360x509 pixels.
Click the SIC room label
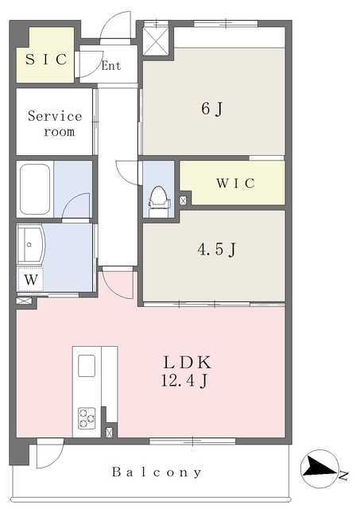tap(46, 59)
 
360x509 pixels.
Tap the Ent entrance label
tap(111, 66)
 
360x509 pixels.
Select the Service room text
tap(55, 124)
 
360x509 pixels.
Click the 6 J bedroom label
tap(212, 108)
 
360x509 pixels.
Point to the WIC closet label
tap(236, 183)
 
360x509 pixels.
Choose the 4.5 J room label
tap(217, 249)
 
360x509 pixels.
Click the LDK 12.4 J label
tap(186, 371)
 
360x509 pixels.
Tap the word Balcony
tap(157, 472)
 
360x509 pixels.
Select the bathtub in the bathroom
tap(35, 189)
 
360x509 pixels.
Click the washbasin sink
tap(30, 244)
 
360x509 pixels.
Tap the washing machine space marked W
tap(31, 279)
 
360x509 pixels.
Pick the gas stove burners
tap(87, 418)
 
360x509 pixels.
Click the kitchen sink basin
tap(87, 366)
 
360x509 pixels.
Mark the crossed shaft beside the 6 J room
tap(156, 41)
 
